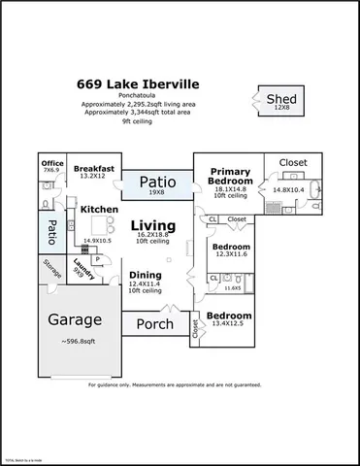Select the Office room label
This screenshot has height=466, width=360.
pyautogui.click(x=50, y=162)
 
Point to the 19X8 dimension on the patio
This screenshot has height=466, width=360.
pyautogui.click(x=156, y=192)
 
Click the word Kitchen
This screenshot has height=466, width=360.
pyautogui.click(x=99, y=209)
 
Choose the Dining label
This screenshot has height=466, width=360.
pyautogui.click(x=146, y=275)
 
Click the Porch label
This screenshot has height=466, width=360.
pyautogui.click(x=154, y=323)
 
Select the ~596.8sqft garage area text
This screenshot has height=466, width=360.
pyautogui.click(x=78, y=341)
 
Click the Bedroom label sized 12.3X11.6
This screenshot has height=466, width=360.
pyautogui.click(x=230, y=247)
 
